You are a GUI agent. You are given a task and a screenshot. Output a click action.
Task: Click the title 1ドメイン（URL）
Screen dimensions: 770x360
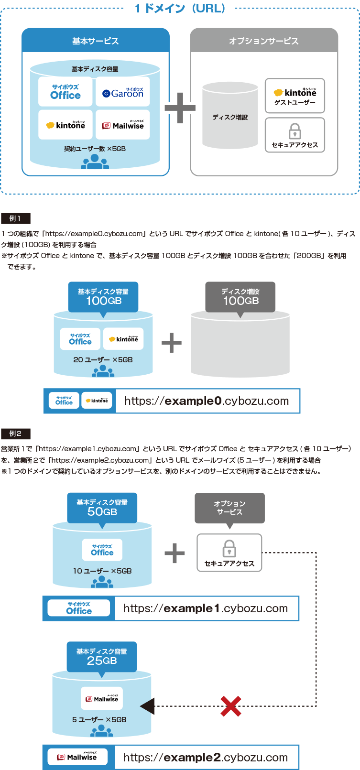(180, 9)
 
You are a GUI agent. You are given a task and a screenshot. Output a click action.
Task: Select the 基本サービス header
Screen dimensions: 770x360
(96, 41)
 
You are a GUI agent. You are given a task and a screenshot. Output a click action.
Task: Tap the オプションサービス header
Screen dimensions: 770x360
(264, 41)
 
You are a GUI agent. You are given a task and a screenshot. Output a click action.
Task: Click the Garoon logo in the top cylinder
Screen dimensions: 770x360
(123, 92)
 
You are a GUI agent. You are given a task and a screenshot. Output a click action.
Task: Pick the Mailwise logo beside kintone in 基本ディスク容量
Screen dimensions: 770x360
(123, 125)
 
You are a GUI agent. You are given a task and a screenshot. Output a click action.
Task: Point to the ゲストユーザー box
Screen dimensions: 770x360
(295, 96)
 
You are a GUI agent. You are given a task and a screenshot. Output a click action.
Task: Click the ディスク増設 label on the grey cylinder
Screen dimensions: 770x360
(230, 117)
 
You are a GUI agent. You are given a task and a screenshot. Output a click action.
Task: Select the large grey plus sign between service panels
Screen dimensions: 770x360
(179, 108)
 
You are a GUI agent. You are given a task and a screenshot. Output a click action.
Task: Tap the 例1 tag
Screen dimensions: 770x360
(15, 218)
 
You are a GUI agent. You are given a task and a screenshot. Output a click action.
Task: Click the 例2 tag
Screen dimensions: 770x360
(15, 434)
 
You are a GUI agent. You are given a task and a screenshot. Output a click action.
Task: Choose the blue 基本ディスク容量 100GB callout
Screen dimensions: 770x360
(103, 297)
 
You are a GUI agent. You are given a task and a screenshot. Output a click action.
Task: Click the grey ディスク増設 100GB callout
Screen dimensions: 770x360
(240, 297)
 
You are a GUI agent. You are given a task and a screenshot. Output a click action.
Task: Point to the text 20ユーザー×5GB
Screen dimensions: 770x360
(103, 359)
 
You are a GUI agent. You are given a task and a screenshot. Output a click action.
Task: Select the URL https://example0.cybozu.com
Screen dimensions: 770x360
(207, 401)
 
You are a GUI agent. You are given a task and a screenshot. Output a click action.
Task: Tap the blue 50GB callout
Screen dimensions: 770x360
(102, 508)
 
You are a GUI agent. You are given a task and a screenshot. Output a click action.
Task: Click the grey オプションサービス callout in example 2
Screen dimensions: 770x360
(229, 508)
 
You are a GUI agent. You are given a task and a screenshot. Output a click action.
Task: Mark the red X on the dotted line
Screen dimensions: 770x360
(230, 706)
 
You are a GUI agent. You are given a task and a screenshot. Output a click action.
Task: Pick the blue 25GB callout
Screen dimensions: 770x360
(101, 657)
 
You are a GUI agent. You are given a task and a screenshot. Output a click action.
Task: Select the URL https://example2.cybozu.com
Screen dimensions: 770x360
(206, 758)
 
